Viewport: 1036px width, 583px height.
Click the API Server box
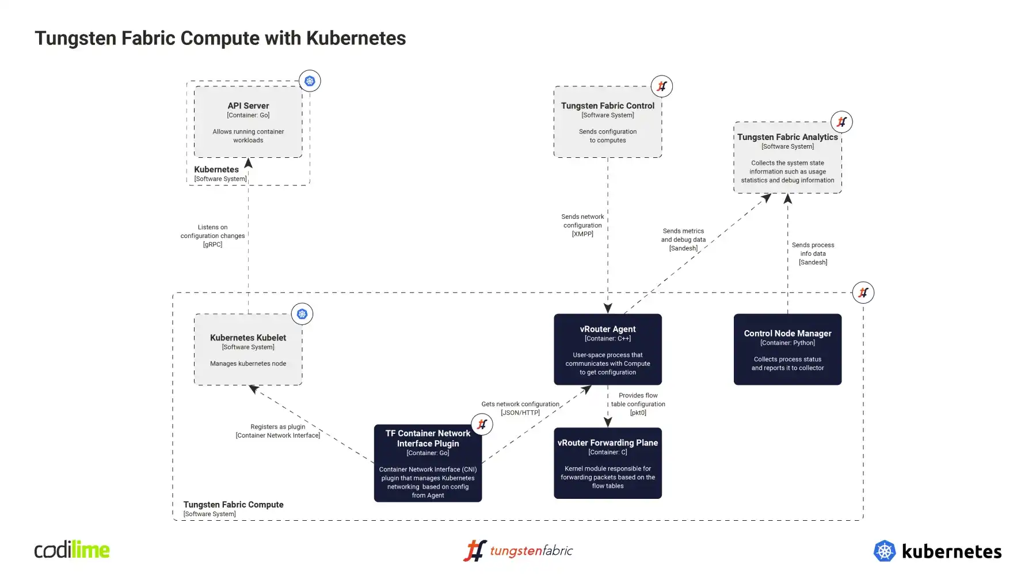pos(248,122)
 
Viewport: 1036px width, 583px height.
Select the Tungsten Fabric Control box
pos(607,122)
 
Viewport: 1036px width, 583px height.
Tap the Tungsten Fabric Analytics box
pos(787,157)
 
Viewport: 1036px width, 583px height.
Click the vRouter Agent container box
pos(607,349)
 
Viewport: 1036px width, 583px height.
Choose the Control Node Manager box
pos(787,349)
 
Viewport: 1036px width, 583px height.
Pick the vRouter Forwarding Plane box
pos(607,463)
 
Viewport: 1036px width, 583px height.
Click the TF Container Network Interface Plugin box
pos(428,463)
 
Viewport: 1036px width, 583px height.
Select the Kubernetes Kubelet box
pos(248,349)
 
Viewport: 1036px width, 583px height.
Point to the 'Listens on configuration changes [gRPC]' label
pos(212,236)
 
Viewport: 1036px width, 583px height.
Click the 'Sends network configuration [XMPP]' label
pos(582,225)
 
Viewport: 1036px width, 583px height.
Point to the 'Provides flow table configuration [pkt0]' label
pos(638,404)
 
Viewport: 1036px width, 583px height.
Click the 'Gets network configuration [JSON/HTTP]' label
pos(520,408)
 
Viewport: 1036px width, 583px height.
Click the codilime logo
pos(72,550)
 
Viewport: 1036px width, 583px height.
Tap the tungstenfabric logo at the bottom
pos(518,551)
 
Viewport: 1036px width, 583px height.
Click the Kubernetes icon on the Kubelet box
pos(302,314)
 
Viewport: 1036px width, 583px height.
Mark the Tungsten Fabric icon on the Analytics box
pos(841,122)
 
